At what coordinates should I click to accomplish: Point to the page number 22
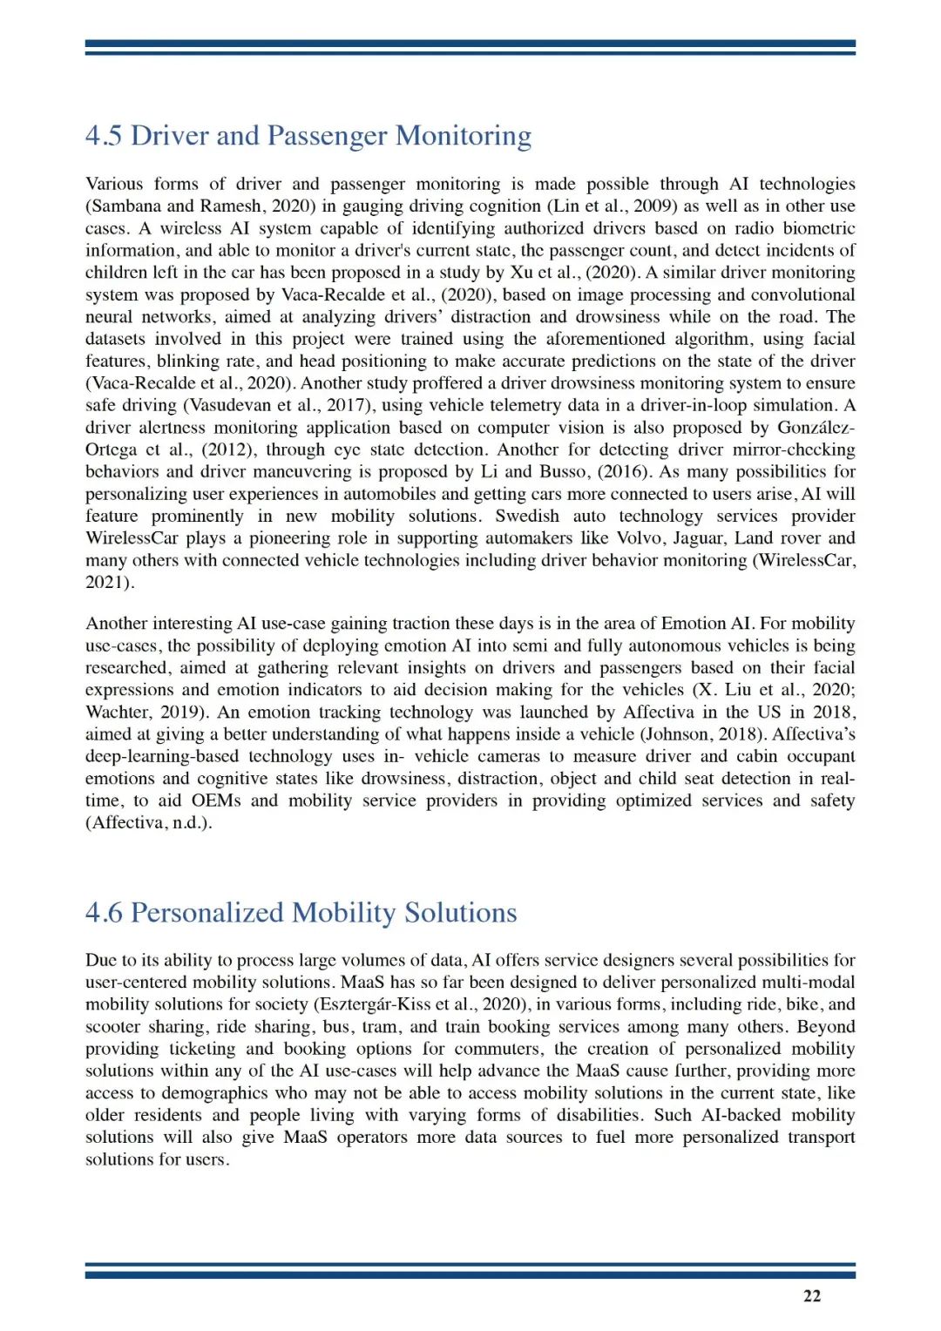[x=811, y=1296]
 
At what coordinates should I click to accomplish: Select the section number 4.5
[x=104, y=136]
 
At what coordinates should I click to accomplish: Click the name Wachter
[x=117, y=713]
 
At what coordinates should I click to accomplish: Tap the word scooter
[x=112, y=1027]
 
